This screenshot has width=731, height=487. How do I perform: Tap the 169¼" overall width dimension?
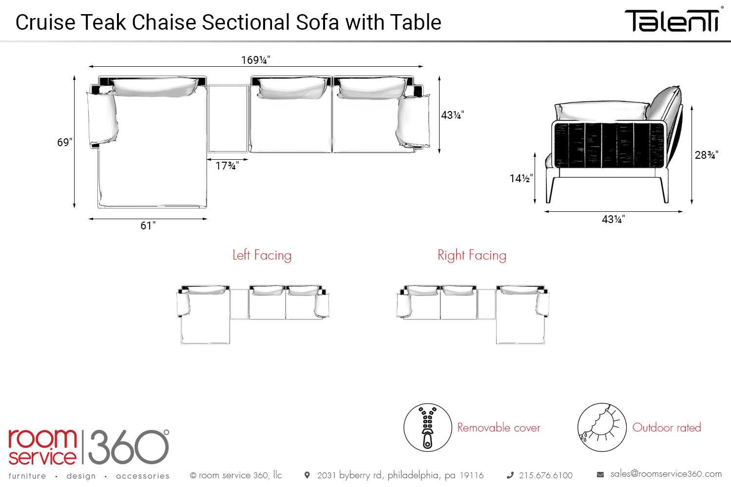[x=255, y=60]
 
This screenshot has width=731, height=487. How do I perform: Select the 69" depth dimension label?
[x=64, y=142]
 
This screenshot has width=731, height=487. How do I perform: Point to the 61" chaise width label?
[x=148, y=225]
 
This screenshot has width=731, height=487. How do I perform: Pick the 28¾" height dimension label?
[x=706, y=155]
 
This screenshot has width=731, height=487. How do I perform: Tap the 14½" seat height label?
[x=521, y=178]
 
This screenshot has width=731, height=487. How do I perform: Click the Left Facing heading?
[x=262, y=255]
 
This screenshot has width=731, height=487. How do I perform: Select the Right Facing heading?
[x=472, y=255]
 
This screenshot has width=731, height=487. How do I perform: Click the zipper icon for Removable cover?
[x=427, y=427]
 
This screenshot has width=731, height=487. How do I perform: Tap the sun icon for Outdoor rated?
[x=602, y=427]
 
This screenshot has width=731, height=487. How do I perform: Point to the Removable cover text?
[x=499, y=428]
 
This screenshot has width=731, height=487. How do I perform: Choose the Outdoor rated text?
[x=667, y=428]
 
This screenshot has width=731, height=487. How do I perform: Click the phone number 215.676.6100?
[x=545, y=475]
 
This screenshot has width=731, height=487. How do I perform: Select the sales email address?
[x=666, y=474]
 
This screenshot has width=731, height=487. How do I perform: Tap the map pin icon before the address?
[x=307, y=475]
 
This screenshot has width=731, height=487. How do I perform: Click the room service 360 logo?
[x=88, y=447]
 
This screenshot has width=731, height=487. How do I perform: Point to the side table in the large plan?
[x=228, y=119]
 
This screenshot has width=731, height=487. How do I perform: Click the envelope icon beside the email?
[x=600, y=474]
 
